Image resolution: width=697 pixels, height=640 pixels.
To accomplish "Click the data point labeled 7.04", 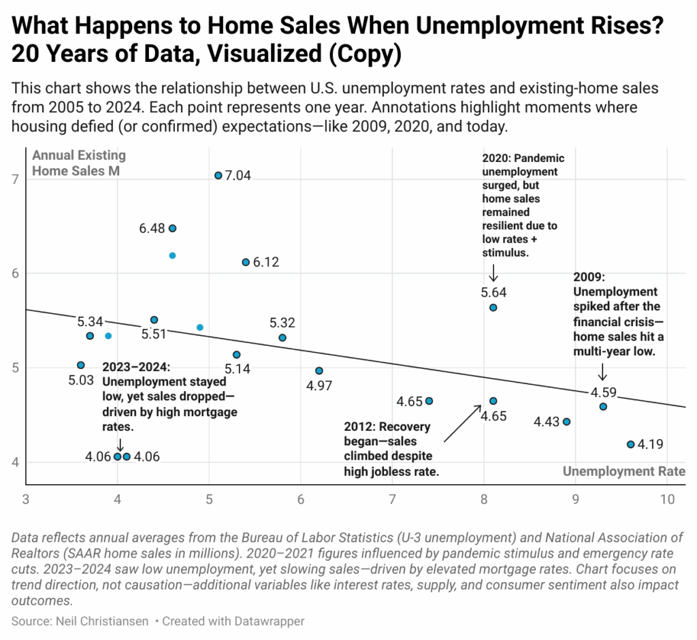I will point(218,176).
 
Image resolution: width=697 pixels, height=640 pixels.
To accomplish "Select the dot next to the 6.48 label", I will point(172,228).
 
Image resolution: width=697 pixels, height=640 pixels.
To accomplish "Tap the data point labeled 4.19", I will point(630,445).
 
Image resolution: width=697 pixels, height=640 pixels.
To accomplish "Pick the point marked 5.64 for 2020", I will point(493,308).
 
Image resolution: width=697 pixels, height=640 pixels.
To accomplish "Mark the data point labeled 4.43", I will point(566,422).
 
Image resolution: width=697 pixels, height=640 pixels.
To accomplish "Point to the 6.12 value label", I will point(265,263).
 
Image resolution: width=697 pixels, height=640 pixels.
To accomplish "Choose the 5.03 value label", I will point(81,381).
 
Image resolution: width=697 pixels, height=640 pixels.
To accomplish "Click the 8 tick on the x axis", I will point(484,498).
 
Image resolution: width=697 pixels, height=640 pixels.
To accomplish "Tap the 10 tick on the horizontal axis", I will point(667,498).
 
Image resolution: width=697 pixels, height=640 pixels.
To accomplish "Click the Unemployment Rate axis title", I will point(624,471).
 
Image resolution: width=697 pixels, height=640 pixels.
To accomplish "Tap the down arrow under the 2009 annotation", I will point(602,372).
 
